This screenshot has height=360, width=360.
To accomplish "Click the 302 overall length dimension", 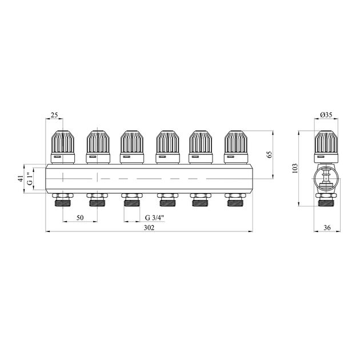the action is click(x=149, y=228).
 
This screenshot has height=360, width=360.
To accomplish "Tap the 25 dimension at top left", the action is click(x=54, y=115).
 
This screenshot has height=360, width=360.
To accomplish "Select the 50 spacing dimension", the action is click(x=80, y=217).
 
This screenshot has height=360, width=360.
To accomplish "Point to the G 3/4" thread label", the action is click(x=155, y=217).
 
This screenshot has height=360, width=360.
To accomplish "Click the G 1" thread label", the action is click(x=30, y=179).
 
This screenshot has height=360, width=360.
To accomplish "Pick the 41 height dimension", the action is click(x=21, y=179).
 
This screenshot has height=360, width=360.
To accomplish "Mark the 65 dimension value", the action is click(x=270, y=154).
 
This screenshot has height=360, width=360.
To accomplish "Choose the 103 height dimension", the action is click(x=295, y=169).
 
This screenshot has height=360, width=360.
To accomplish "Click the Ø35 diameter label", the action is click(x=326, y=115).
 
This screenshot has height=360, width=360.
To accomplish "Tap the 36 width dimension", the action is click(x=327, y=228).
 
